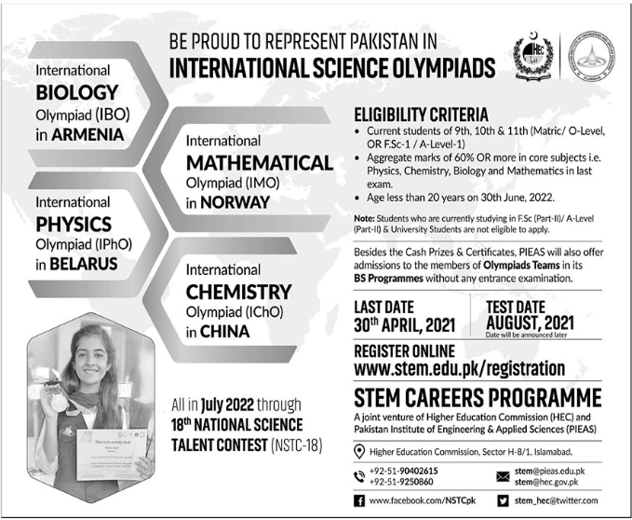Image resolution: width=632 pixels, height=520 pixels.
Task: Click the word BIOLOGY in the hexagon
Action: point(77,92)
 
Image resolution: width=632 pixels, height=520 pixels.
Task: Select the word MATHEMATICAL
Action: point(259,163)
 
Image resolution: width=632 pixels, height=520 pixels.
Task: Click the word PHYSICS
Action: point(74,225)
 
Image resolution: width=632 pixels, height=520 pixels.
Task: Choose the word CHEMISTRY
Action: point(238,292)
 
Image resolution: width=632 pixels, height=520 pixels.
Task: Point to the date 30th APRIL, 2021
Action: point(410,326)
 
